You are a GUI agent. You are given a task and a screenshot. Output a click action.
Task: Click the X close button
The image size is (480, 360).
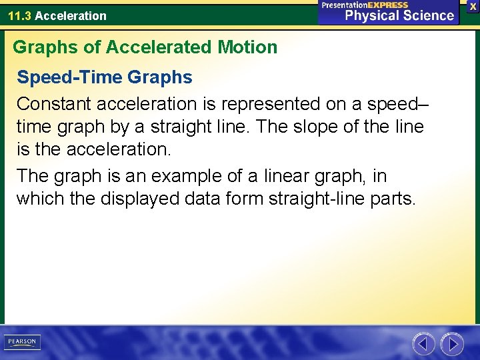click(473, 5)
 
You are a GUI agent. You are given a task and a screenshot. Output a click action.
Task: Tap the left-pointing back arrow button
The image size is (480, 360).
click(423, 344)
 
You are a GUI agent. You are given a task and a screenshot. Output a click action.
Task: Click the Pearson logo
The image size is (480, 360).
click(22, 342)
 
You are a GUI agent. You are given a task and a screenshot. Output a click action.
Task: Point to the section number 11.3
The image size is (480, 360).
click(20, 15)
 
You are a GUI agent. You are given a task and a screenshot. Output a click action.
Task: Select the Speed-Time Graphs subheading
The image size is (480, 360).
click(105, 77)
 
